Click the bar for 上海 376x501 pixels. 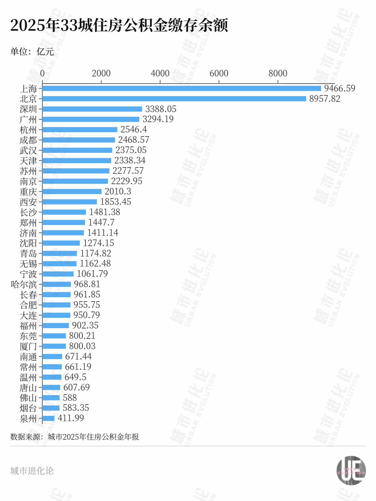pyautogui.click(x=182, y=89)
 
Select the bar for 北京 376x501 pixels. pyautogui.click(x=174, y=99)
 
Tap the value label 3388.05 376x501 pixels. pyautogui.click(x=161, y=109)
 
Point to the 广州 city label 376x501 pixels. pyautogui.click(x=28, y=119)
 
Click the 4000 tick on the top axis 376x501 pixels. pyautogui.click(x=160, y=73)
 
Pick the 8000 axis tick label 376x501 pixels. pyautogui.click(x=278, y=73)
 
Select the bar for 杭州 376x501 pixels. pyautogui.click(x=80, y=130)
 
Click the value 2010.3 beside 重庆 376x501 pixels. pyautogui.click(x=118, y=191)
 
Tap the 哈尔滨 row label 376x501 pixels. pyautogui.click(x=24, y=284)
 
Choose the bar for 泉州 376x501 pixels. pyautogui.click(x=49, y=418)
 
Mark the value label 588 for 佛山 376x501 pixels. pyautogui.click(x=70, y=398)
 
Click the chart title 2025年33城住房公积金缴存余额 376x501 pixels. pyautogui.click(x=119, y=25)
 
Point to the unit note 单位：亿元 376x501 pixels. pyautogui.click(x=32, y=52)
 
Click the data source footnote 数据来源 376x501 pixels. pyautogui.click(x=75, y=437)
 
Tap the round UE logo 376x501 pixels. pyautogui.click(x=351, y=471)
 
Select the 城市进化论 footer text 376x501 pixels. pyautogui.click(x=32, y=471)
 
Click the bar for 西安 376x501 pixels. pyautogui.click(x=70, y=202)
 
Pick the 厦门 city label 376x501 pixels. pyautogui.click(x=28, y=346)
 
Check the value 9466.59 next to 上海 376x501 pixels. pyautogui.click(x=340, y=88)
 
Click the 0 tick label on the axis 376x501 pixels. pyautogui.click(x=42, y=73)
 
